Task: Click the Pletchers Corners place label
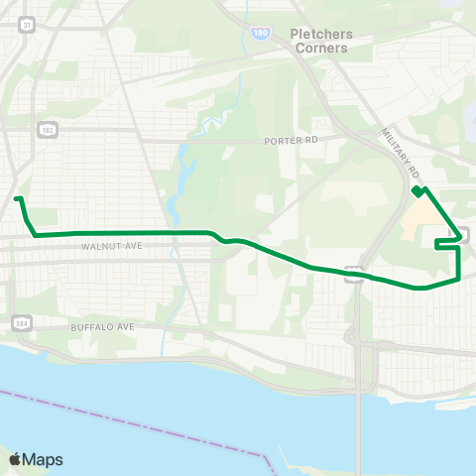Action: [x=319, y=41]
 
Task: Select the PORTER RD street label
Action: [x=291, y=141]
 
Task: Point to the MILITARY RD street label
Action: [x=400, y=150]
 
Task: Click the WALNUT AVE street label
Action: [x=107, y=246]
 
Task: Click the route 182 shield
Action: [x=46, y=129]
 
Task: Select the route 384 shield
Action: [x=21, y=322]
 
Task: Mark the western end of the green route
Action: [x=17, y=199]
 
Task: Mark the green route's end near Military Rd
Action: [x=416, y=190]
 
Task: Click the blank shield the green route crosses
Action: [x=352, y=273]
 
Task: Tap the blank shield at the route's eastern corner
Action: [x=463, y=235]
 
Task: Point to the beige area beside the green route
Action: [x=421, y=213]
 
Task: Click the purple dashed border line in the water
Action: [x=149, y=417]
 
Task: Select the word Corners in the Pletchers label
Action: [x=319, y=48]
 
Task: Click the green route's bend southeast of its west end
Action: [x=36, y=235]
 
